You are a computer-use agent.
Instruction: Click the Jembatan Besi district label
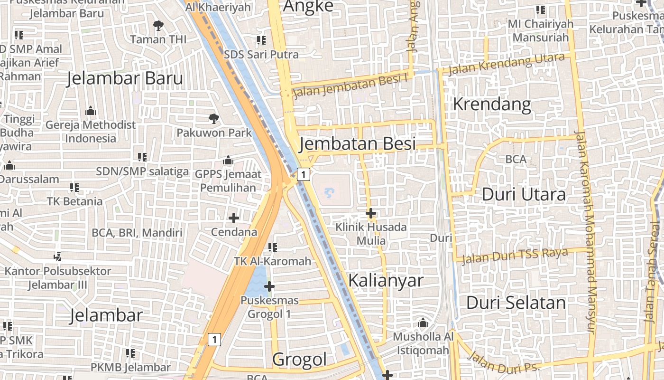click(x=358, y=143)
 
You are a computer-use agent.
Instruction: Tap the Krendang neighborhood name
click(x=492, y=104)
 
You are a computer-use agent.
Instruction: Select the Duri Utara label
click(x=524, y=194)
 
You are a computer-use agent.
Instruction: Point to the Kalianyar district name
click(x=386, y=280)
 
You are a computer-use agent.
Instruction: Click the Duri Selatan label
click(x=516, y=303)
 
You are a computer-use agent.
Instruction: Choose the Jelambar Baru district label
click(x=125, y=78)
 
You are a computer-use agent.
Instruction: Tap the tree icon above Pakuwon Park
click(x=214, y=118)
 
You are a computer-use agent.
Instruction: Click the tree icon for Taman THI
click(x=158, y=25)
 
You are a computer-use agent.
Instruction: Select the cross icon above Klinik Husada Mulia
click(x=371, y=213)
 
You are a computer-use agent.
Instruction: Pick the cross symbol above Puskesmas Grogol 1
click(x=269, y=286)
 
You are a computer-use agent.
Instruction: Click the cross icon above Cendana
click(x=233, y=218)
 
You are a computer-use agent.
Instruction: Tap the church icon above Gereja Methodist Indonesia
click(x=91, y=112)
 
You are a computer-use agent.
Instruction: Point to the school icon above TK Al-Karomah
click(x=273, y=247)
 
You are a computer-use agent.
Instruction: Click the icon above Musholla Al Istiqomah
click(x=423, y=323)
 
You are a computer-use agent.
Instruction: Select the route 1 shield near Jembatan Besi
click(x=304, y=174)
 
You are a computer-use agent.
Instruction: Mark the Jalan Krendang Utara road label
click(x=506, y=64)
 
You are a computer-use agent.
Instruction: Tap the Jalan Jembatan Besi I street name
click(x=350, y=86)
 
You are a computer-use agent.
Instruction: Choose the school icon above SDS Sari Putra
click(x=261, y=40)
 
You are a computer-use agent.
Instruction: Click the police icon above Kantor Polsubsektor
click(x=58, y=256)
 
